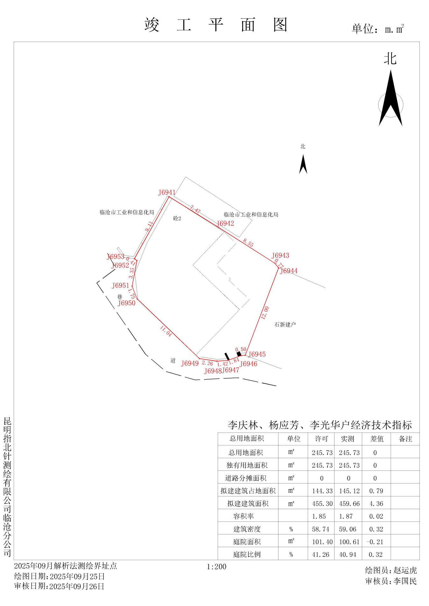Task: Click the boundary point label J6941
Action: tap(167, 192)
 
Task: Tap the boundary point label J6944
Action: tap(289, 271)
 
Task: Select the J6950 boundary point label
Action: tap(127, 303)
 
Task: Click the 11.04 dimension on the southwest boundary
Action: tap(166, 331)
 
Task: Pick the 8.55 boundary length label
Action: tap(248, 243)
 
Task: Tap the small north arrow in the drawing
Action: tap(303, 164)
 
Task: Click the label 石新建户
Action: tap(285, 325)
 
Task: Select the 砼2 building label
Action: tap(177, 219)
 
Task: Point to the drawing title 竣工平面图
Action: tap(216, 25)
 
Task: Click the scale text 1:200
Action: tap(216, 567)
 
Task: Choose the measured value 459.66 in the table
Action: tap(349, 504)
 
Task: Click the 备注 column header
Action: tap(405, 439)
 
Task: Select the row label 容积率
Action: tap(243, 516)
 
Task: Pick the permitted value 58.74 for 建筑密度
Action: tap(322, 529)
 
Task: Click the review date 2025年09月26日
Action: tap(77, 586)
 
